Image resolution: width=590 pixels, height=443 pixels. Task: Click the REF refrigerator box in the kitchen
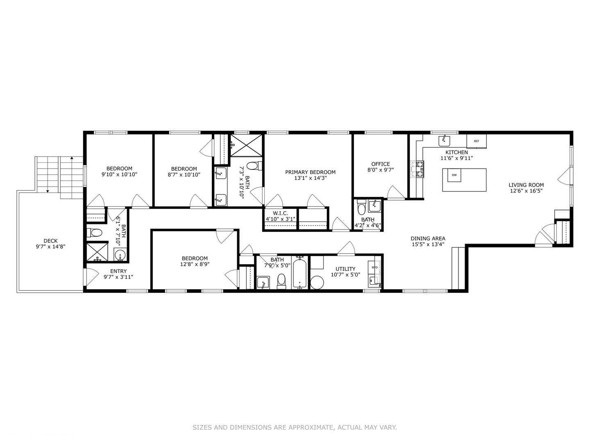point(477,141)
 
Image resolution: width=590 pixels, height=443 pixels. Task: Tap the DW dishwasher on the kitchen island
point(454,175)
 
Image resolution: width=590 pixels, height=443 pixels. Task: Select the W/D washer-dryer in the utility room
point(374,267)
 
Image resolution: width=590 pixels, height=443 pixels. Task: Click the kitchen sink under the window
point(444,141)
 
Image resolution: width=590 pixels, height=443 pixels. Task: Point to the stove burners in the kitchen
point(420,169)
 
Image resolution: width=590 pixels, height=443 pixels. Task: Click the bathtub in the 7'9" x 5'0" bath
point(300,273)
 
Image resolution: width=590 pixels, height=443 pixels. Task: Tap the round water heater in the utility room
point(317,283)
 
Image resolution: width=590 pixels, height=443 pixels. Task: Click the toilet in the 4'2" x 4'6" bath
point(361,209)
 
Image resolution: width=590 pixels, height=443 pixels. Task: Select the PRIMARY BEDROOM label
point(310,172)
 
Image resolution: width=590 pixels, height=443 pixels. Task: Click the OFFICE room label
point(381,164)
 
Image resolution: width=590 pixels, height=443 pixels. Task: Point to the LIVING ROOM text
point(526,185)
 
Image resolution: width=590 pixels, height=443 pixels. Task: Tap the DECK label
point(51,241)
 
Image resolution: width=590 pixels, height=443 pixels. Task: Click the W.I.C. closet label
point(280,213)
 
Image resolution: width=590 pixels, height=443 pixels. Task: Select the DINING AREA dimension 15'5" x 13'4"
point(428,244)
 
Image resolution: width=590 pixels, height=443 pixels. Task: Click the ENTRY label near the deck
point(118,271)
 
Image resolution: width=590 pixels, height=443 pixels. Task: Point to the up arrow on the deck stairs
point(72,158)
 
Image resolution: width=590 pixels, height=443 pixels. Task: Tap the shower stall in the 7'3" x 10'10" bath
point(246,145)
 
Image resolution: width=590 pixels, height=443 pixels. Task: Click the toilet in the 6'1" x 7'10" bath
point(95,233)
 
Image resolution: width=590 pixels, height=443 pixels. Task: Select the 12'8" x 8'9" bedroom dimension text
point(195,264)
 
